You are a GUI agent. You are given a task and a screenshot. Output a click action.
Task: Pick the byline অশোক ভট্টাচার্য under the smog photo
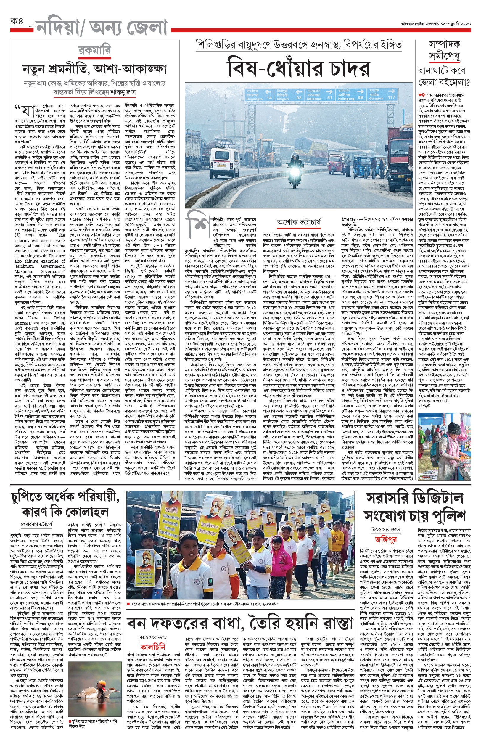298,222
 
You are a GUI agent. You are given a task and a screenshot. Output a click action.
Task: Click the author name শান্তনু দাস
124,92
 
